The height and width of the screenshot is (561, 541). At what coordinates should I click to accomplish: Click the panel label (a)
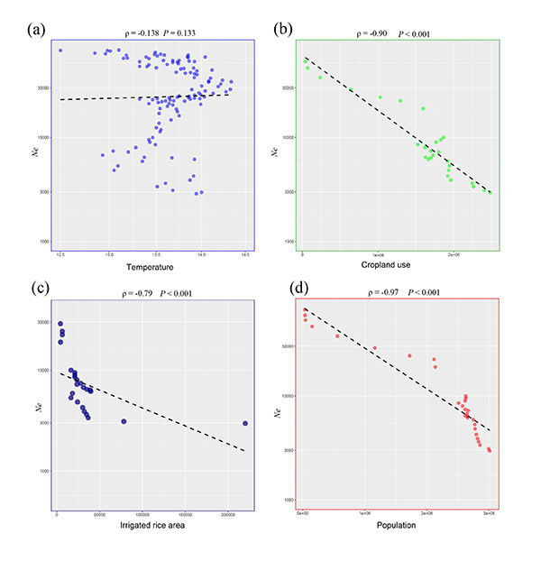tap(37, 30)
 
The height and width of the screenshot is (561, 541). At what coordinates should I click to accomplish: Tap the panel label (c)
tap(38, 290)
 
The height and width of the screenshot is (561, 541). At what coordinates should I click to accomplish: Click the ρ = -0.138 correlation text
tap(135, 32)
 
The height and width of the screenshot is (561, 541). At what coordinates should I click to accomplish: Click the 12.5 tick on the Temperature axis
tap(60, 256)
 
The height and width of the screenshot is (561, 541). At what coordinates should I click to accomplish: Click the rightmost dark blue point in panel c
tap(245, 423)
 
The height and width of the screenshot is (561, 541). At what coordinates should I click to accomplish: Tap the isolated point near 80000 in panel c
tap(124, 421)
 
